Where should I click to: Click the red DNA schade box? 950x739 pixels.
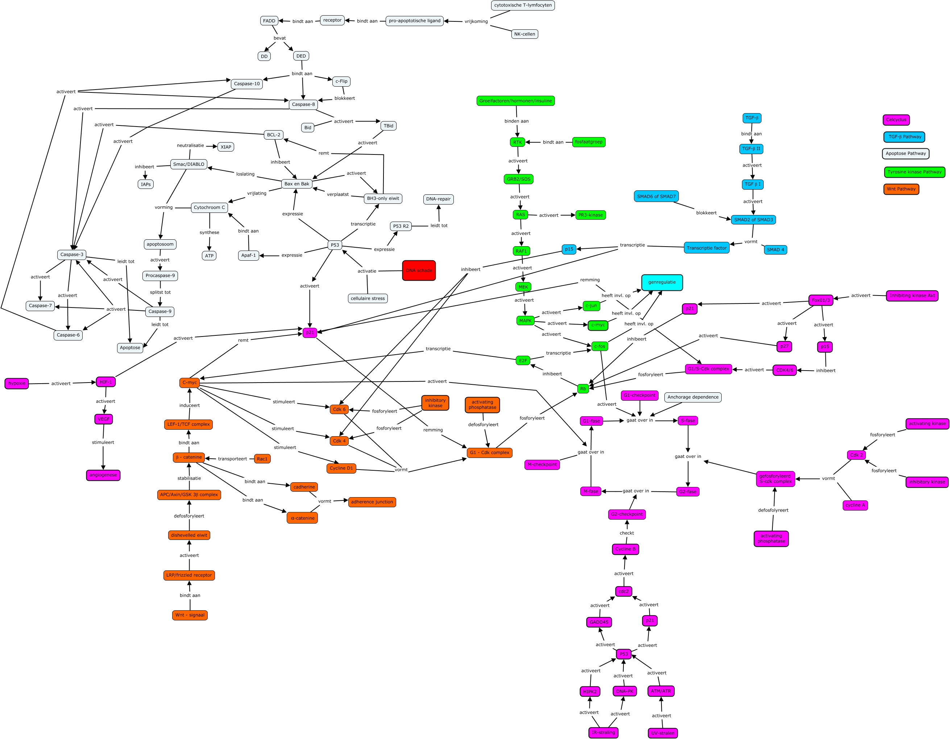coord(418,270)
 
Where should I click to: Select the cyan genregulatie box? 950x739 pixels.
coord(661,282)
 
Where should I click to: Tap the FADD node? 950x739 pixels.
coord(269,21)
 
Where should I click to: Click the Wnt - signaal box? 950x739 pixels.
coord(190,615)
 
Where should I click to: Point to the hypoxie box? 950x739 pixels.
coord(17,383)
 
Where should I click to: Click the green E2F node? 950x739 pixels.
coord(522,360)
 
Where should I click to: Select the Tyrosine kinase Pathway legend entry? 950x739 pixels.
coord(914,172)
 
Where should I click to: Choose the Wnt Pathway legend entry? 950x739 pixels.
coord(901,189)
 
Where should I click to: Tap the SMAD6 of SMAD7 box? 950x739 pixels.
coord(656,196)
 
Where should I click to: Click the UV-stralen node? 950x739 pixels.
coord(663,733)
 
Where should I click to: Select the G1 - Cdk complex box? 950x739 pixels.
coord(489,453)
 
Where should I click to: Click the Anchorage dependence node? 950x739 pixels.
coord(693,397)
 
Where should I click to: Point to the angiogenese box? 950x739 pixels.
coord(103,475)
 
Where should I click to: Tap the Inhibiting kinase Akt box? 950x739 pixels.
coord(912,296)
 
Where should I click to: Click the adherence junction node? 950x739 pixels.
coord(372,502)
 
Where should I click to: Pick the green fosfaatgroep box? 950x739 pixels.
coord(589,142)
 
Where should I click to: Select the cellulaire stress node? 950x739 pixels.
coord(368,298)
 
